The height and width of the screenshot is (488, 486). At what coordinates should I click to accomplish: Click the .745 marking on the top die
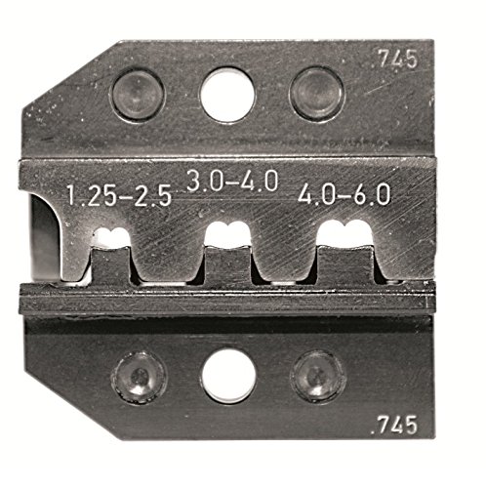pyautogui.click(x=393, y=60)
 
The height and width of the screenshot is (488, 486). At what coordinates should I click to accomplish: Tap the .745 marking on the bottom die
pyautogui.click(x=393, y=425)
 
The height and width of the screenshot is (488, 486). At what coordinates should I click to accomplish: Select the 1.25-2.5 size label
pyautogui.click(x=119, y=196)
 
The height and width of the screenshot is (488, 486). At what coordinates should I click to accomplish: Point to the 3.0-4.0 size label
pyautogui.click(x=233, y=181)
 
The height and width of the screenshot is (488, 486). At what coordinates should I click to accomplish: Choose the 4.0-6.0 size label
pyautogui.click(x=344, y=194)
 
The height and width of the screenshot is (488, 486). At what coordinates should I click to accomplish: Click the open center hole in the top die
pyautogui.click(x=227, y=95)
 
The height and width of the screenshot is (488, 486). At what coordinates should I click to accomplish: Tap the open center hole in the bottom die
pyautogui.click(x=228, y=376)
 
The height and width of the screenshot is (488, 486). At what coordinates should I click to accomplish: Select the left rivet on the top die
pyautogui.click(x=139, y=95)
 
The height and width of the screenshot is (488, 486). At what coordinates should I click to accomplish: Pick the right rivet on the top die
pyautogui.click(x=316, y=95)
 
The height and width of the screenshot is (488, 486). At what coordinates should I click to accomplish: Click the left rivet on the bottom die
pyautogui.click(x=139, y=377)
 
